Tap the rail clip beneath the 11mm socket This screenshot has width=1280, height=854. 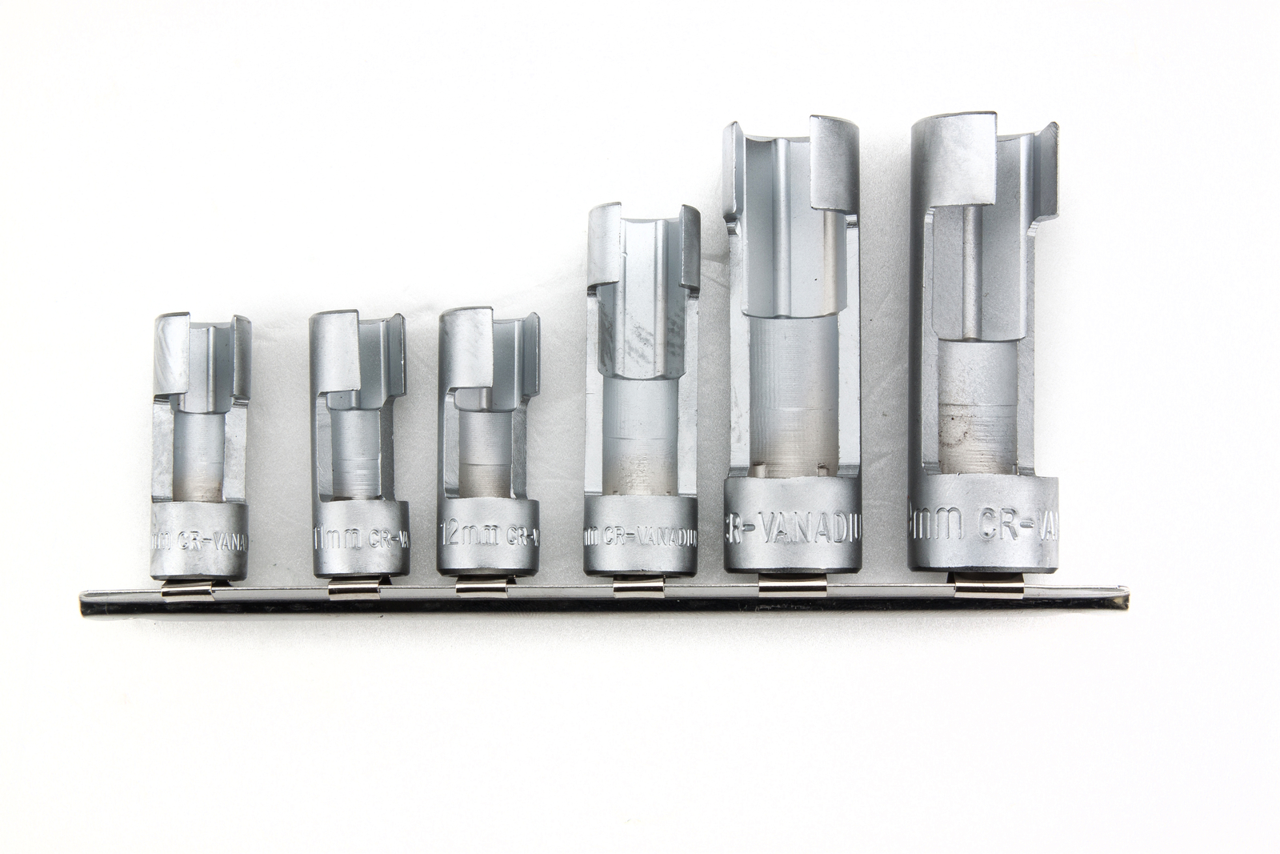[x=349, y=591]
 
